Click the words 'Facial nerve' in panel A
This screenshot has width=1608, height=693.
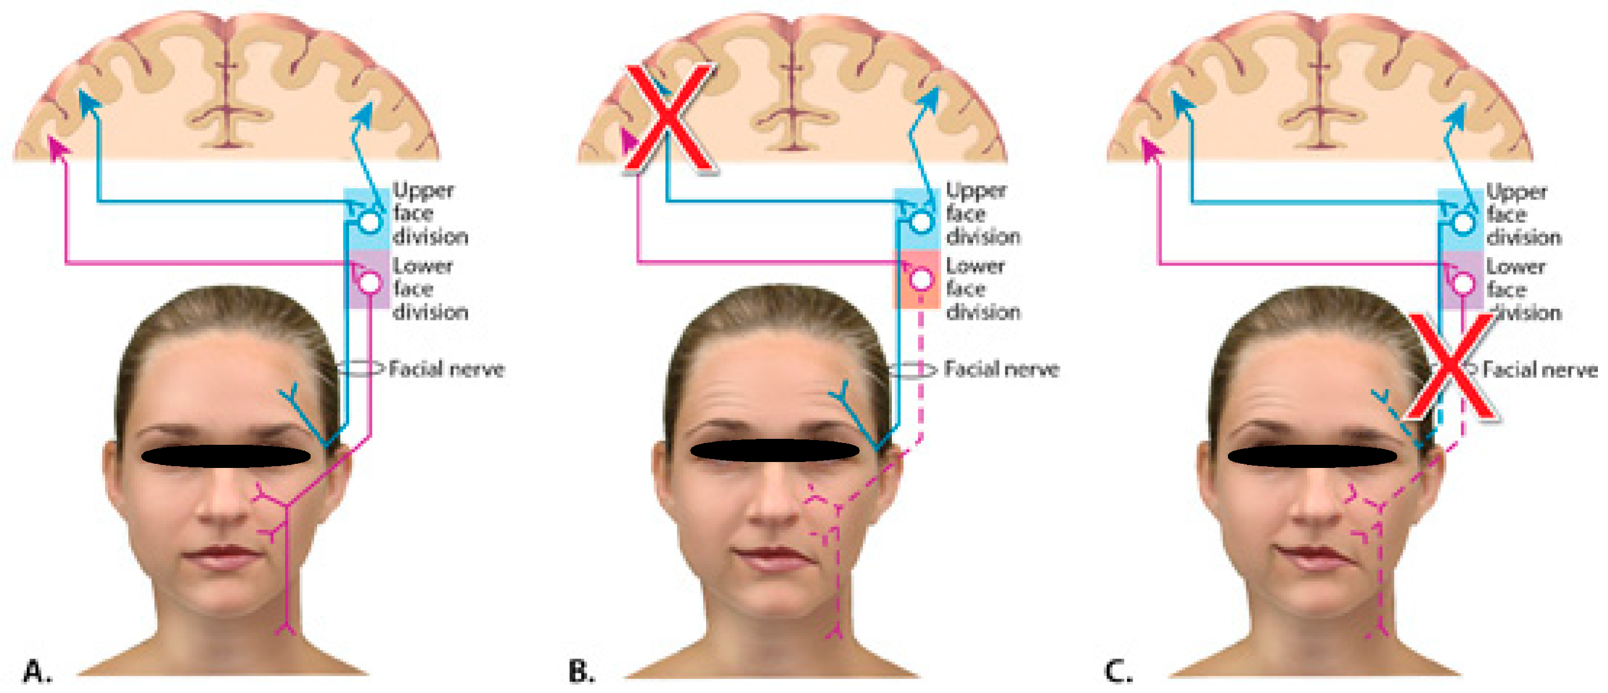coord(447,369)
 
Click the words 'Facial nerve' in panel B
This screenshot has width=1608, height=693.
coord(1001,369)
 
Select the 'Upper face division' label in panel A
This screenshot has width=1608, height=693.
coord(429,214)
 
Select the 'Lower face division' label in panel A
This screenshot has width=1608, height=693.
coord(429,289)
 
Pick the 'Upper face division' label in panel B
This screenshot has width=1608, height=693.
coord(983,214)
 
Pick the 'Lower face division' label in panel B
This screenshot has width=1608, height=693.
coord(983,289)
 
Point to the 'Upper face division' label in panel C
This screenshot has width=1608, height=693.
coord(1523,214)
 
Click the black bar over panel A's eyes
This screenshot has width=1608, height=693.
coord(226,457)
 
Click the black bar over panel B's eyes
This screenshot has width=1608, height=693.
coord(774,450)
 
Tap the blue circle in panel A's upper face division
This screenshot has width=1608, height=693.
coord(369,221)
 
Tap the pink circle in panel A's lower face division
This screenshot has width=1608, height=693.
coord(369,282)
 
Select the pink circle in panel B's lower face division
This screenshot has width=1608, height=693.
coord(921,279)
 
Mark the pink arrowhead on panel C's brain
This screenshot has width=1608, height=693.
coord(1150,148)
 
